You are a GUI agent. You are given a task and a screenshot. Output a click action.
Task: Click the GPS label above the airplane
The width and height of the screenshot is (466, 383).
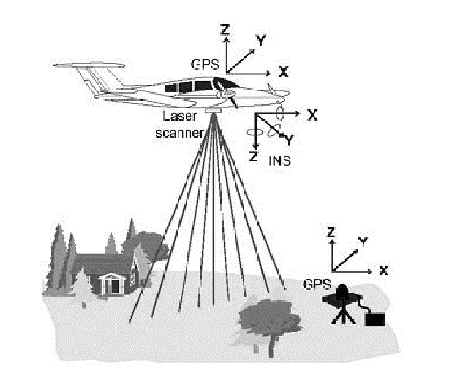[205, 64]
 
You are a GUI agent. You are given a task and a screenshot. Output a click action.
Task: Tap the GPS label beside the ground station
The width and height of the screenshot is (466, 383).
[317, 284]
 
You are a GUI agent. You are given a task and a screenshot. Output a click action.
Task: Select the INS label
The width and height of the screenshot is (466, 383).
[279, 161]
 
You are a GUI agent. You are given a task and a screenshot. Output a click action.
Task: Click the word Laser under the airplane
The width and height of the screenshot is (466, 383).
[180, 116]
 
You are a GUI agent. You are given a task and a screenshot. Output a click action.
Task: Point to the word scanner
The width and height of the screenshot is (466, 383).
[180, 133]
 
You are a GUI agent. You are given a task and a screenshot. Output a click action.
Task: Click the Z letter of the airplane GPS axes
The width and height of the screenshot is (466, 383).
[225, 29]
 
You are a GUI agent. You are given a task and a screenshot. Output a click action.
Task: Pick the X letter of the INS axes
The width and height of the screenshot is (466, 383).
[312, 115]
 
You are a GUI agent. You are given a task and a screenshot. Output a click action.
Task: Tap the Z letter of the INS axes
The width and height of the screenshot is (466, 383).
[253, 156]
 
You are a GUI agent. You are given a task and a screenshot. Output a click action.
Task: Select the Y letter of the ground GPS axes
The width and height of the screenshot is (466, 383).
[363, 242]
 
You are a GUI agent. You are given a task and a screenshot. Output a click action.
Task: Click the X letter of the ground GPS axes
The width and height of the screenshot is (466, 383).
[384, 271]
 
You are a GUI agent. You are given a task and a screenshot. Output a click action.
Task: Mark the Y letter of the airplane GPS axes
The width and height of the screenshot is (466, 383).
[261, 41]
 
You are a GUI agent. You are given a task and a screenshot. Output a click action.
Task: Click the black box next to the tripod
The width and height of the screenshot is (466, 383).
[375, 319]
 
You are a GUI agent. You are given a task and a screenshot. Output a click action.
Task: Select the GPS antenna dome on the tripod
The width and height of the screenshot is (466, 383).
[343, 292]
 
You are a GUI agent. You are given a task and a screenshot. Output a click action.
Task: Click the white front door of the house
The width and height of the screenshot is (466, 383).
[115, 286]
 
